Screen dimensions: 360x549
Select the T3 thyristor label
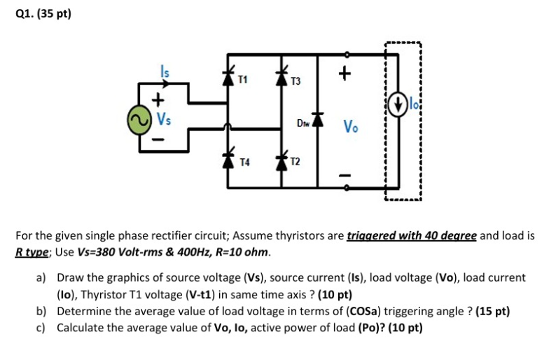pyautogui.click(x=296, y=82)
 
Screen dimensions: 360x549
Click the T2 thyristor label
pyautogui.click(x=296, y=162)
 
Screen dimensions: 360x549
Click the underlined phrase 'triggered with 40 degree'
pyautogui.click(x=412, y=236)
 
